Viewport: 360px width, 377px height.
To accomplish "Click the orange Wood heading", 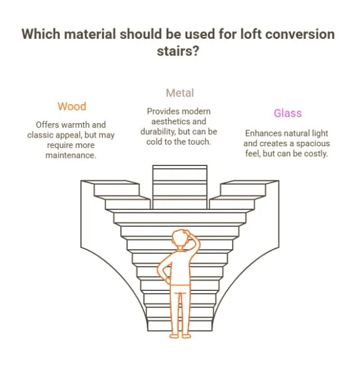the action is pyautogui.click(x=72, y=106).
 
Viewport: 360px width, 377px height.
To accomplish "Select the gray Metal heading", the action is pyautogui.click(x=180, y=93).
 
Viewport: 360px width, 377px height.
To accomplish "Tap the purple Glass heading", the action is pyautogui.click(x=287, y=113).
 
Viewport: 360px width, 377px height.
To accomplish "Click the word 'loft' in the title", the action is pyautogui.click(x=251, y=34).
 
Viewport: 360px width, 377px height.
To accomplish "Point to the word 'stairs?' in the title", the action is pyautogui.click(x=178, y=51).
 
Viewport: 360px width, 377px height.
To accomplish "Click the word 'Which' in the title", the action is pyautogui.click(x=40, y=34).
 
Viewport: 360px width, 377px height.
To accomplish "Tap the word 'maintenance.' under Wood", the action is pyautogui.click(x=71, y=155).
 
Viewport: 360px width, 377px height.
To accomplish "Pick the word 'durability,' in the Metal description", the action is pyautogui.click(x=158, y=132).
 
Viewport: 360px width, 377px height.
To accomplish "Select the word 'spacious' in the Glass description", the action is pyautogui.click(x=313, y=143).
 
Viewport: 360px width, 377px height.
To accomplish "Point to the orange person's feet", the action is pyautogui.click(x=180, y=336).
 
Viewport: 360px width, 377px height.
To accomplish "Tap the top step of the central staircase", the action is pyautogui.click(x=180, y=167).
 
